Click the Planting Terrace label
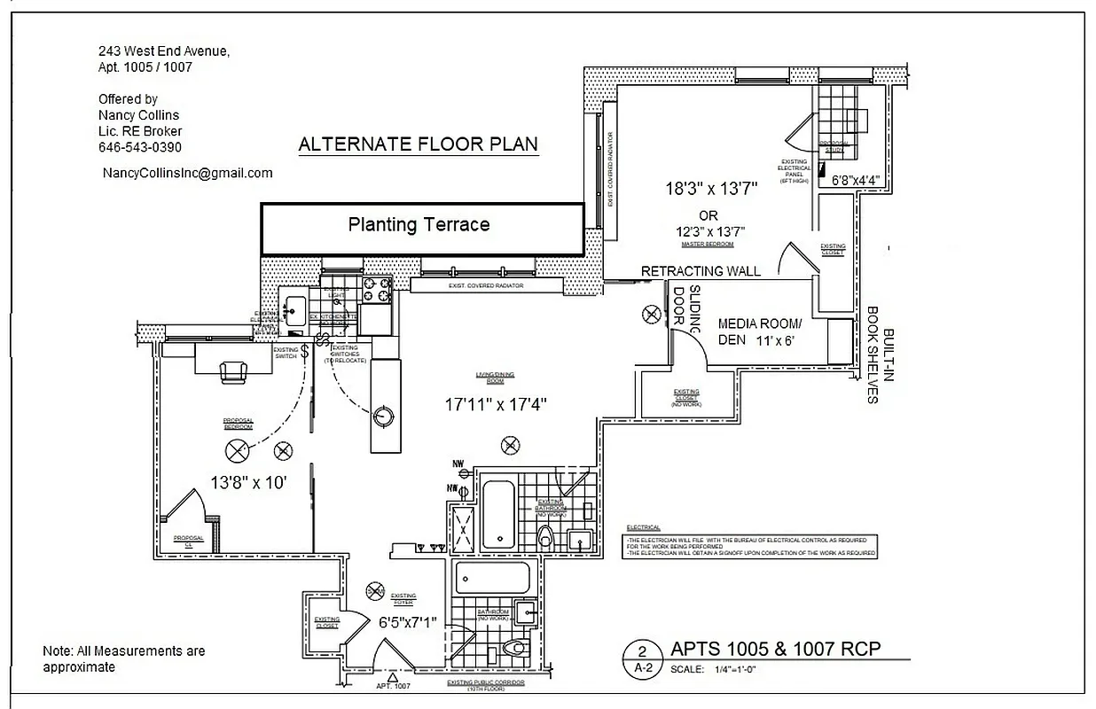419,225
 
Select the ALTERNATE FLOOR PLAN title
418,144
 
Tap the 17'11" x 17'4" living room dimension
496,404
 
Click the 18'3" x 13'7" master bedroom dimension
712,189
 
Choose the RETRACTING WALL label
701,271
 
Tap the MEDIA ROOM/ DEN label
758,331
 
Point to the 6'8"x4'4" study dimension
856,180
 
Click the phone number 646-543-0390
140,147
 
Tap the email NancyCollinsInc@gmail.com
187,173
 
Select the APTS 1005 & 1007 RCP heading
776,649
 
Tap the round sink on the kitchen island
383,415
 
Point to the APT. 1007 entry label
394,686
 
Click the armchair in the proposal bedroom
234,371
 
